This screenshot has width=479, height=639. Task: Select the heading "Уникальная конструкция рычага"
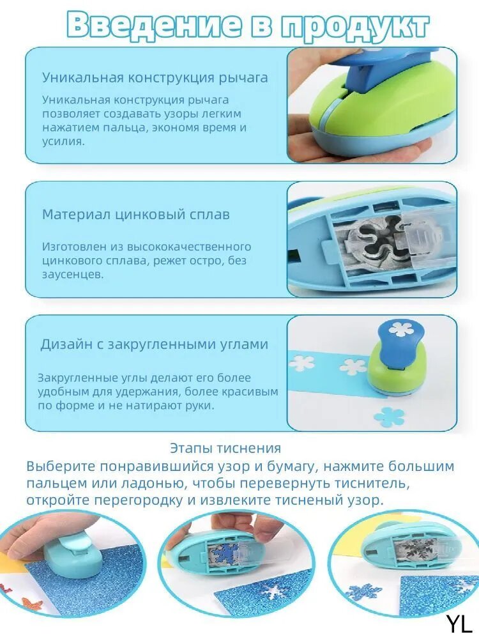pos(155,78)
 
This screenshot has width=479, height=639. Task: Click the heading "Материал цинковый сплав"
pos(135,214)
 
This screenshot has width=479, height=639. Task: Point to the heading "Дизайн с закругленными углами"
pos(155,344)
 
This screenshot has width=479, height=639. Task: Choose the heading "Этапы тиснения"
pos(225,448)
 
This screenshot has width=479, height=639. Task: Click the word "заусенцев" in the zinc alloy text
pos(71,274)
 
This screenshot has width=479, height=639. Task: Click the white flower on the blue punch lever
pos(399,328)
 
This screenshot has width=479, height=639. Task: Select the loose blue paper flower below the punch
pos(388,417)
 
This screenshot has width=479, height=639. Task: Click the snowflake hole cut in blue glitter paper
pos(275,589)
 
